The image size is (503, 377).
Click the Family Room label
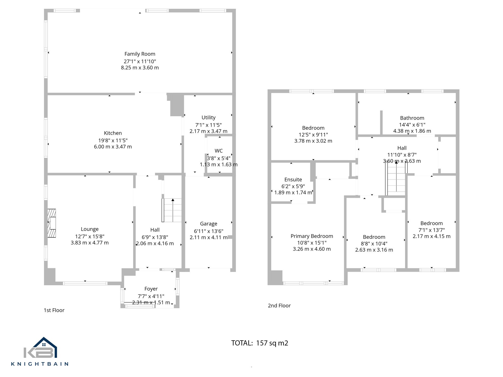click(140, 54)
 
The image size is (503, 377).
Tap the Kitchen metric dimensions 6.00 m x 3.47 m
click(113, 147)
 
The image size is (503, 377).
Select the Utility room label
click(208, 117)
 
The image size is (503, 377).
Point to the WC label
click(219, 151)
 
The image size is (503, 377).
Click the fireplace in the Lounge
click(52, 223)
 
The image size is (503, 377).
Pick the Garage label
click(208, 223)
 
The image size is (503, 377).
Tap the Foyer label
click(151, 289)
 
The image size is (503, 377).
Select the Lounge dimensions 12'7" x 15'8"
click(90, 236)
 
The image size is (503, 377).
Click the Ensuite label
click(293, 179)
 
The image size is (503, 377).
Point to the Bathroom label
click(412, 118)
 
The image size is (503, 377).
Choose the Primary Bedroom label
click(312, 236)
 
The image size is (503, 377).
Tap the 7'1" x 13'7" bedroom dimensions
click(431, 230)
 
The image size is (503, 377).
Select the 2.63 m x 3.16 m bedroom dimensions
click(374, 250)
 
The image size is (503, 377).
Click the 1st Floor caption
click(54, 310)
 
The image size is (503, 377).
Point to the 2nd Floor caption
click(279, 306)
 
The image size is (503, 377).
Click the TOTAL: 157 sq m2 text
click(260, 343)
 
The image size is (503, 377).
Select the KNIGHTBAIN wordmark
click(40, 364)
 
